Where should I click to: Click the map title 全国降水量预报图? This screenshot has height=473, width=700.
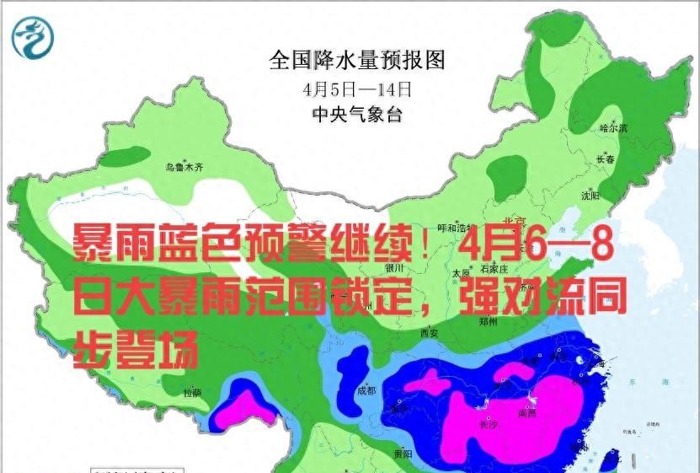[356, 61]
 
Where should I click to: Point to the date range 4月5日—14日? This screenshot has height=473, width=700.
[358, 88]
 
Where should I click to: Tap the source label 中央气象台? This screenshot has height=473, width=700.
[357, 114]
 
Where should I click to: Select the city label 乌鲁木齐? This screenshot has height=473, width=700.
[184, 167]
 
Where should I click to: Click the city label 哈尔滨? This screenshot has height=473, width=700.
[613, 128]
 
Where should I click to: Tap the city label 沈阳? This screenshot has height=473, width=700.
[590, 196]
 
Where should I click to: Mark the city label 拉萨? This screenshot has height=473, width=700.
[193, 392]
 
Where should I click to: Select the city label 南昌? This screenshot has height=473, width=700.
[528, 413]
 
